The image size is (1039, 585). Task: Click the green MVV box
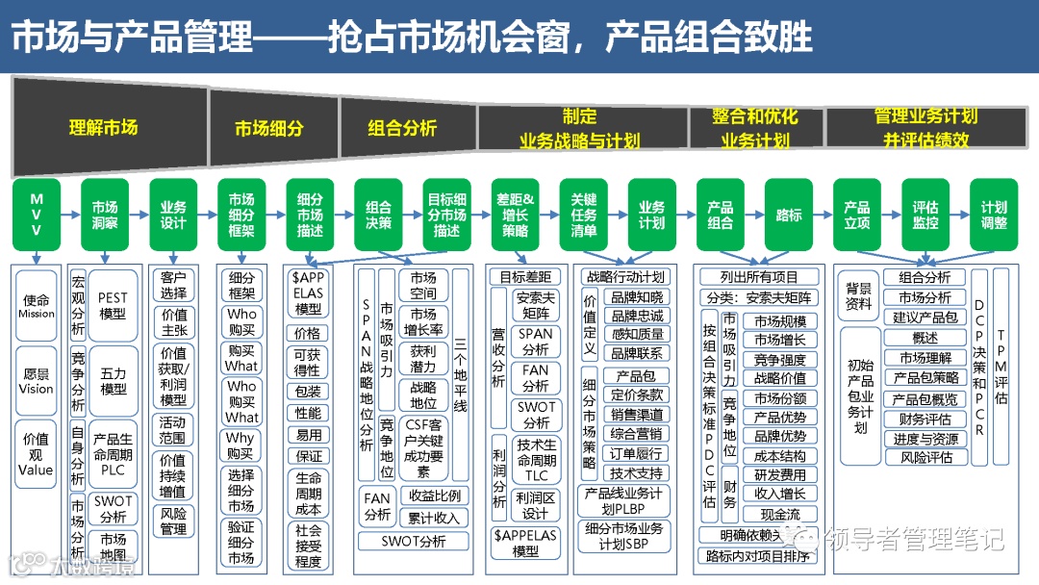point(37,215)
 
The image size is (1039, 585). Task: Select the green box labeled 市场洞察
point(105,215)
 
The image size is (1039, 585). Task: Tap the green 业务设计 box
point(173,215)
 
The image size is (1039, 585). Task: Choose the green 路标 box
point(789,215)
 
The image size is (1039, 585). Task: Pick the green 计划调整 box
point(994,215)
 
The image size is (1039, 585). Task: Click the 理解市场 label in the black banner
point(103,127)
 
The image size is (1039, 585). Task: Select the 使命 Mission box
point(37,307)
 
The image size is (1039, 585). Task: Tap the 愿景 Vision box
point(37,381)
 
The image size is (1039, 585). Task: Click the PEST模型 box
point(113,307)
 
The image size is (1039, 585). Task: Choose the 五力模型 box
point(113,382)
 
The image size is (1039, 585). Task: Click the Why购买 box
point(241,446)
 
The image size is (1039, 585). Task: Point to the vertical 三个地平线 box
point(460,375)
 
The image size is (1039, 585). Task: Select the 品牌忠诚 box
point(637,316)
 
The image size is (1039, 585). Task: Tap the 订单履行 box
point(637,453)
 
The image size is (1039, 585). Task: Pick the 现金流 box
point(779,515)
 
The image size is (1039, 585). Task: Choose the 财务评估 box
point(925,420)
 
